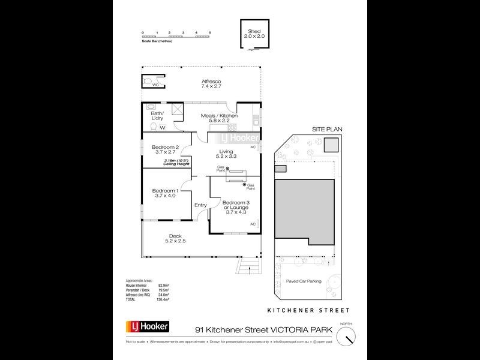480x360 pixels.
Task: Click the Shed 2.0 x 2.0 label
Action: click(x=253, y=34)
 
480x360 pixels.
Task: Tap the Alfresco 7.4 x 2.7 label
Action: click(x=211, y=83)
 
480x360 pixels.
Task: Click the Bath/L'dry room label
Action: click(x=157, y=116)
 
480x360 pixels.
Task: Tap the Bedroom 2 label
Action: click(x=165, y=150)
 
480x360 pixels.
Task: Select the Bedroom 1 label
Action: click(x=165, y=193)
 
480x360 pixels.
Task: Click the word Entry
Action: click(x=200, y=205)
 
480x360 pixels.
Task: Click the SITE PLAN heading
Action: click(x=325, y=129)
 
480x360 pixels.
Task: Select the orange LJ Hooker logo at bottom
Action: click(x=147, y=327)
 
